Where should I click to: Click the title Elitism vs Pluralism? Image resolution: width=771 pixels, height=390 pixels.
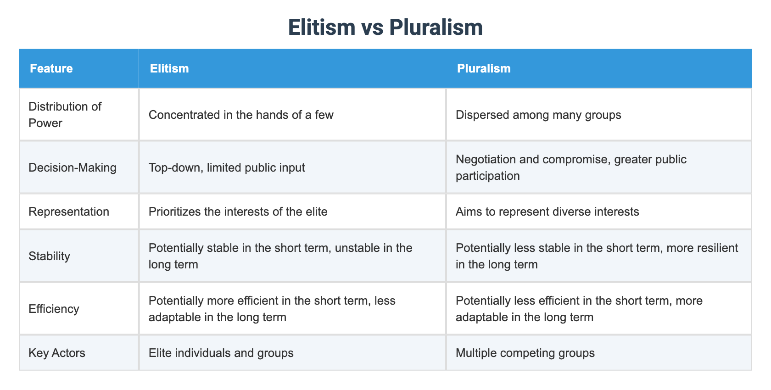click(x=385, y=28)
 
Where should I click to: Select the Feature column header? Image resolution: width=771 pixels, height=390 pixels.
click(x=51, y=68)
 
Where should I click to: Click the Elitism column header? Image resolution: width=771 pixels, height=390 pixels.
click(x=169, y=68)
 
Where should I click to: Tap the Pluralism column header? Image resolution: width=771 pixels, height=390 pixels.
click(x=484, y=68)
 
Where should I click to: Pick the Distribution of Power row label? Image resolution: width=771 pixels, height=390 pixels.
click(x=65, y=115)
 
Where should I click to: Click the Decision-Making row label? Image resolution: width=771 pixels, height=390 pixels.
click(x=73, y=167)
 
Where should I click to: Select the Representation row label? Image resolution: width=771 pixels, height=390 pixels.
click(x=69, y=212)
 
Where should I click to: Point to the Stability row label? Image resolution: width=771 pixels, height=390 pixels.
click(x=49, y=256)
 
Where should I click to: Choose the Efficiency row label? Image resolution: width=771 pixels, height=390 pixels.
click(x=54, y=309)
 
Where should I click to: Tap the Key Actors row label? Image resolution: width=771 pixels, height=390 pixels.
click(x=57, y=353)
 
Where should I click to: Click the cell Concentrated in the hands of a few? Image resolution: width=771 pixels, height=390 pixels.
click(x=241, y=115)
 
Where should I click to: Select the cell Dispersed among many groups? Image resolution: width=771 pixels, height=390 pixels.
click(x=538, y=115)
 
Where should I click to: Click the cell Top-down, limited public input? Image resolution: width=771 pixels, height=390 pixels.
click(x=227, y=167)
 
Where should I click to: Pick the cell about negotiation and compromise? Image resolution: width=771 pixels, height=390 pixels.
click(x=571, y=167)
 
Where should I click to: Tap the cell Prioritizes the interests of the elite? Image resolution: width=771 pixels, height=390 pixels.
click(x=238, y=212)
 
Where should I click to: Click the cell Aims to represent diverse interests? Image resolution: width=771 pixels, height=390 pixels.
click(x=547, y=212)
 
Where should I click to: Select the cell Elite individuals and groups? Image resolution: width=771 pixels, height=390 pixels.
click(x=221, y=353)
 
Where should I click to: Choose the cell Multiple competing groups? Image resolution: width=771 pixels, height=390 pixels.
click(x=525, y=353)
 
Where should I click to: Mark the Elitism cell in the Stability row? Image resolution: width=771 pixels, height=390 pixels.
click(x=280, y=256)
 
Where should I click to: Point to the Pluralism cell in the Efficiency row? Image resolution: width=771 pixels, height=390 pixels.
click(x=579, y=309)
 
